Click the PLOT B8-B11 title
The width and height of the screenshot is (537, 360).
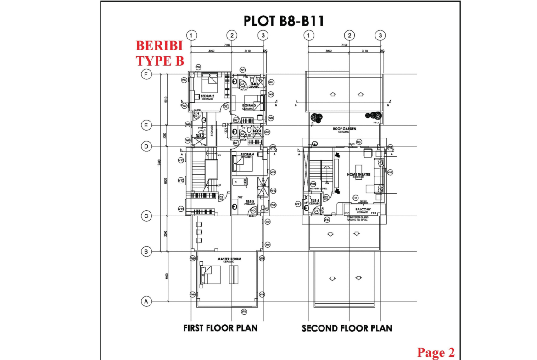[x=283, y=21]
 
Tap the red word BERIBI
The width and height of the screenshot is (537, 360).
[x=159, y=46]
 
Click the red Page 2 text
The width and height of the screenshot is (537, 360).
[x=436, y=352]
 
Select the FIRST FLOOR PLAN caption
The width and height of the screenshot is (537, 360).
[x=220, y=328]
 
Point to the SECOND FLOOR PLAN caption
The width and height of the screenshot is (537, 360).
[x=347, y=328]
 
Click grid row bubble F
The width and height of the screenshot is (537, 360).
[x=146, y=74]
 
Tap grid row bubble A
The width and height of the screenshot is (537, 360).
[x=146, y=301]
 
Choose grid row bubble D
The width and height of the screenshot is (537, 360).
[x=146, y=147]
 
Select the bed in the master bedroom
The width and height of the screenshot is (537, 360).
[x=210, y=275]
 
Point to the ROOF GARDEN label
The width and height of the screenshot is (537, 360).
[x=345, y=129]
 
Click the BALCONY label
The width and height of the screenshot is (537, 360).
[x=363, y=210]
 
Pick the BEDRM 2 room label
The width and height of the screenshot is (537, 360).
[x=207, y=96]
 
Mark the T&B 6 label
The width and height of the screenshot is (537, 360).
[x=314, y=201]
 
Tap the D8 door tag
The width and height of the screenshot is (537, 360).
[x=359, y=142]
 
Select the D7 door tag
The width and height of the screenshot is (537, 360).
[x=355, y=198]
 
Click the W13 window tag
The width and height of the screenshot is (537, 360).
[x=181, y=209]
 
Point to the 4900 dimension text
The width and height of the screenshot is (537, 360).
[x=167, y=276]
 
